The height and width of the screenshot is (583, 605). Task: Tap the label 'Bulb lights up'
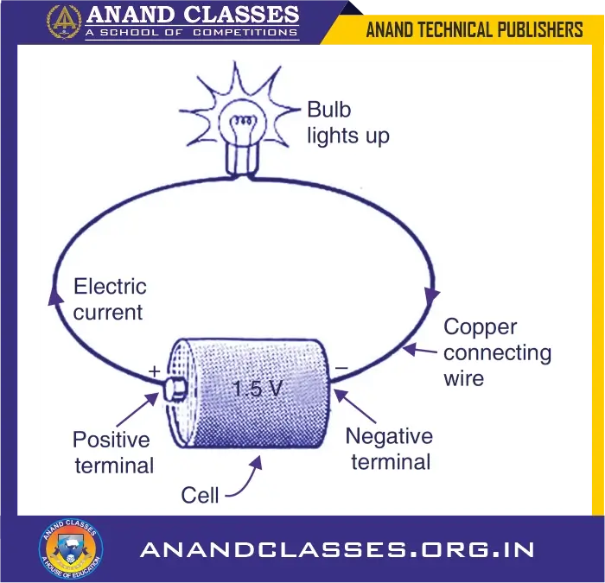(x=348, y=124)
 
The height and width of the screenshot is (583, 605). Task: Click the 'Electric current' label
(x=110, y=299)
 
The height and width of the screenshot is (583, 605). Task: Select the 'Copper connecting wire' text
(x=497, y=352)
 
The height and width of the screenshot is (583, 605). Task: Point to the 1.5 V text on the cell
(x=258, y=389)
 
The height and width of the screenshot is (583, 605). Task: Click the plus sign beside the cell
(x=155, y=371)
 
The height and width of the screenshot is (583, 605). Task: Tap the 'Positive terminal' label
(x=113, y=452)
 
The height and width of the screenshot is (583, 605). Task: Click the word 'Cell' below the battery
(x=200, y=495)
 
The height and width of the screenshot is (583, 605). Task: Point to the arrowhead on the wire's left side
(x=56, y=296)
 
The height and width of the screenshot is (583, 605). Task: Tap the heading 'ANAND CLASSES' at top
(x=192, y=15)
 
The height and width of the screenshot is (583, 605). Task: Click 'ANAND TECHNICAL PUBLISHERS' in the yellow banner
(x=474, y=30)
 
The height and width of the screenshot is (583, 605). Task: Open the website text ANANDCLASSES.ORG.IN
(x=337, y=549)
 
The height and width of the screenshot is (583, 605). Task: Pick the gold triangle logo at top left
(x=64, y=21)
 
